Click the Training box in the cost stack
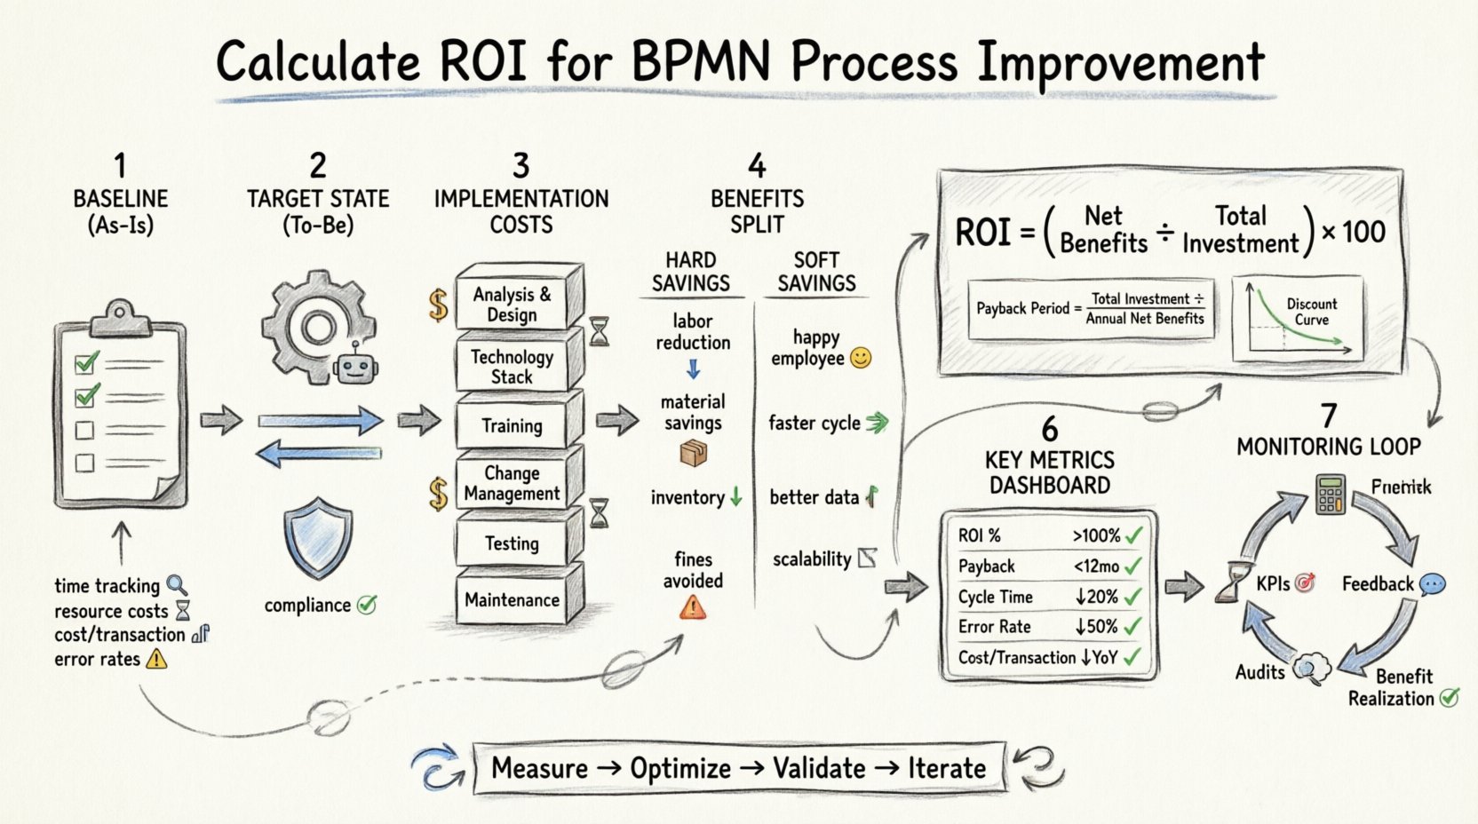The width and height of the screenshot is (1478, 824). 513,425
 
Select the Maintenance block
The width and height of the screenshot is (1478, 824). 513,600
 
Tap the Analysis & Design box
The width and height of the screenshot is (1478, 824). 513,305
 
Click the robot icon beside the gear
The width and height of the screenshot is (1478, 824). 355,365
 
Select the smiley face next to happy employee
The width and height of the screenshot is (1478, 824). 861,358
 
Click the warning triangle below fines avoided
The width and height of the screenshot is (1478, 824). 693,607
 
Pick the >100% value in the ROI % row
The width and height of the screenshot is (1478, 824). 1095,535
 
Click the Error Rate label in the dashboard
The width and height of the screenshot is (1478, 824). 994,627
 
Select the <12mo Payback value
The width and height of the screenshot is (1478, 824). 1095,566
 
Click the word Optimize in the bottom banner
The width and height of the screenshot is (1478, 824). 679,768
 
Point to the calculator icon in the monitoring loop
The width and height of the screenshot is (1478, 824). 1330,495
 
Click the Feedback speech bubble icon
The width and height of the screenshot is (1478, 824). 1432,584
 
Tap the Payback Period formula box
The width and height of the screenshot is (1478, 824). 1091,309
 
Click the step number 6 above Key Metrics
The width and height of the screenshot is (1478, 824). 1050,429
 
